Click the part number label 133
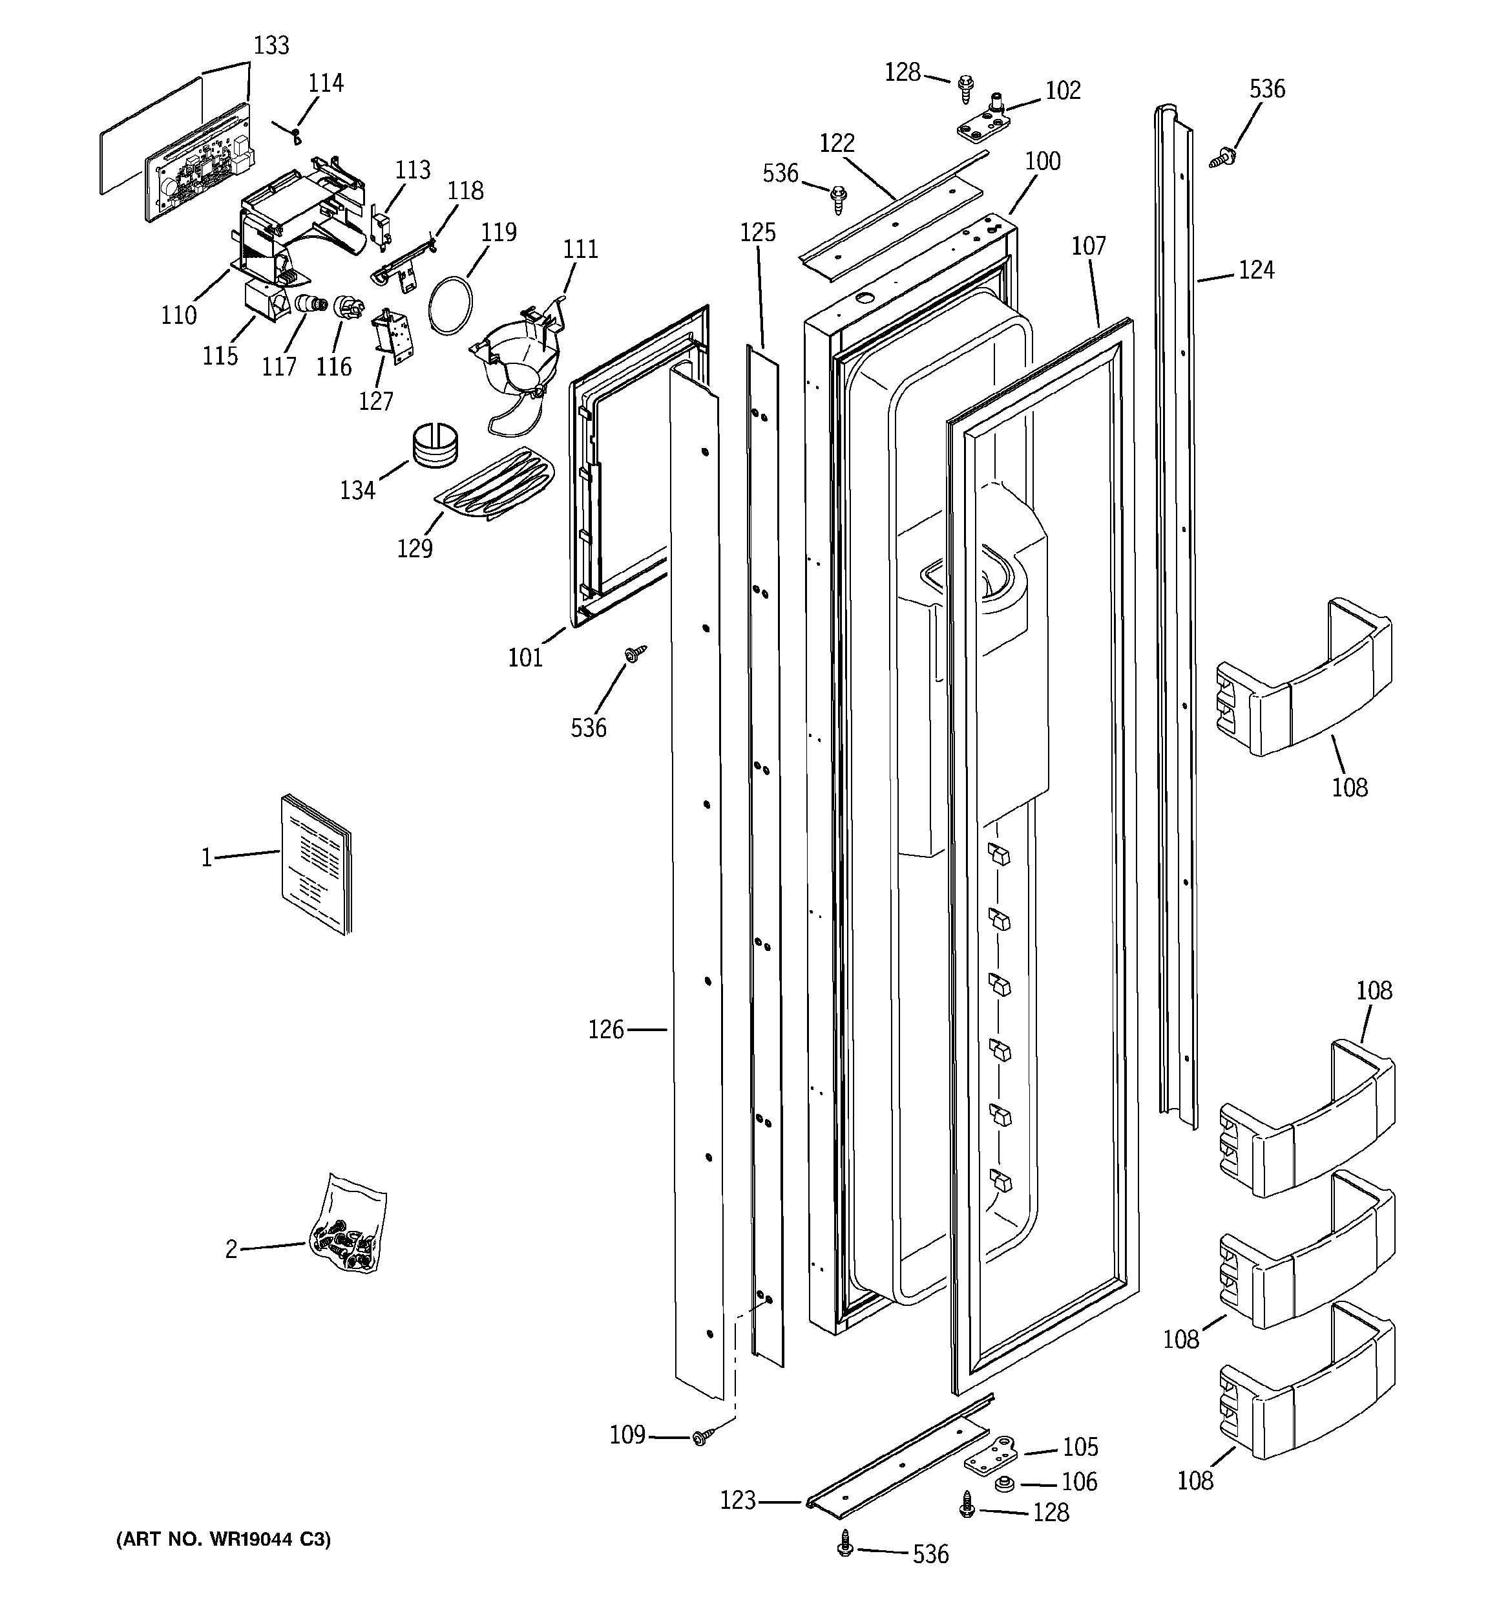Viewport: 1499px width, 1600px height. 271,46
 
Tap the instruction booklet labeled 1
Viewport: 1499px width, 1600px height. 316,865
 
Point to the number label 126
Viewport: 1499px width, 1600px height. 606,1029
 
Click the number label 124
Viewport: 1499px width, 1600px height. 1256,270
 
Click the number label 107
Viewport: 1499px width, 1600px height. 1089,246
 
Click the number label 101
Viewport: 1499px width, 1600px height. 525,657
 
